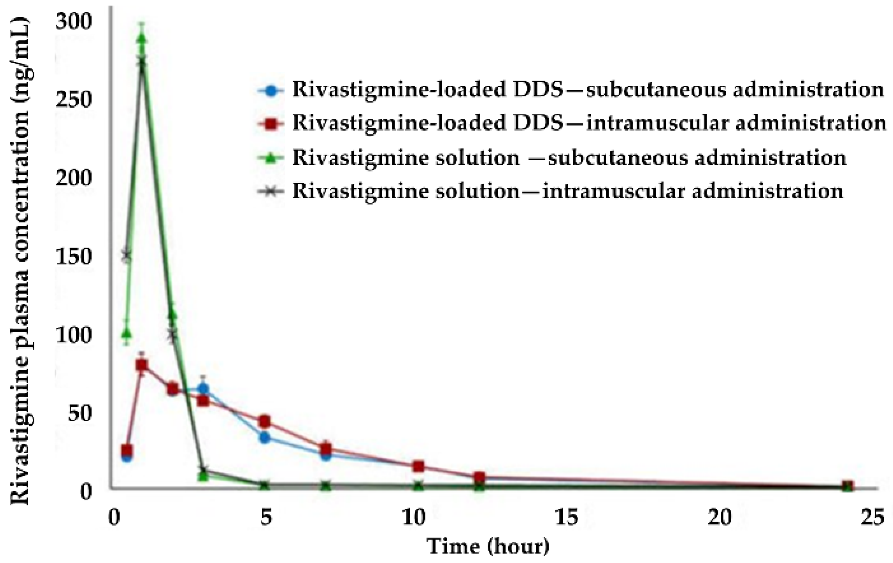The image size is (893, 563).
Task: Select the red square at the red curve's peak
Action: (x=142, y=365)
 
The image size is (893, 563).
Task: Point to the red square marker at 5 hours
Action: (x=264, y=421)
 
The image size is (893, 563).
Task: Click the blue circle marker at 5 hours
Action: (x=264, y=438)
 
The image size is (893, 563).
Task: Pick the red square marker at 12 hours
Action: (x=479, y=477)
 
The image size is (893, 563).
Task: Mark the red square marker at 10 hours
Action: (x=419, y=466)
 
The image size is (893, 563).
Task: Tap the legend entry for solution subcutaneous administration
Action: (x=552, y=158)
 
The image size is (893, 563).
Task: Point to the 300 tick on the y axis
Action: (x=73, y=22)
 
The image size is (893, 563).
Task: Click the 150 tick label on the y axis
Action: (x=73, y=256)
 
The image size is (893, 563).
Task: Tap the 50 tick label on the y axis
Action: (x=79, y=413)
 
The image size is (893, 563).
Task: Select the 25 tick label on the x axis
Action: (x=872, y=518)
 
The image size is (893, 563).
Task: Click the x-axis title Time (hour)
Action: (x=488, y=546)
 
